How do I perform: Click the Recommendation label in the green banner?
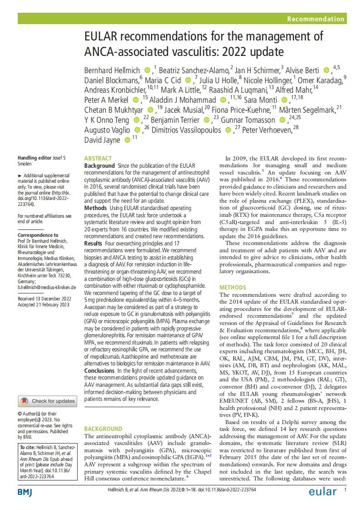pyautogui.click(x=315, y=19)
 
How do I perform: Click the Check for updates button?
pyautogui.click(x=47, y=401)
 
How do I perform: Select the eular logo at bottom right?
pyautogui.click(x=323, y=492)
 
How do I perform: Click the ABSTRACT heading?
pyautogui.click(x=98, y=159)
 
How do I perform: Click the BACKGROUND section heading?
pyautogui.click(x=103, y=429)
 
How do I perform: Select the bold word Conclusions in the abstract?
pyautogui.click(x=100, y=371)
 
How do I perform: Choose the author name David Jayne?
pyautogui.click(x=102, y=140)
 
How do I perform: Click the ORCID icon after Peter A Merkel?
pyautogui.click(x=136, y=100)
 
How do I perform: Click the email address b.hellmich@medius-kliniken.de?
pyautogui.click(x=47, y=288)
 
